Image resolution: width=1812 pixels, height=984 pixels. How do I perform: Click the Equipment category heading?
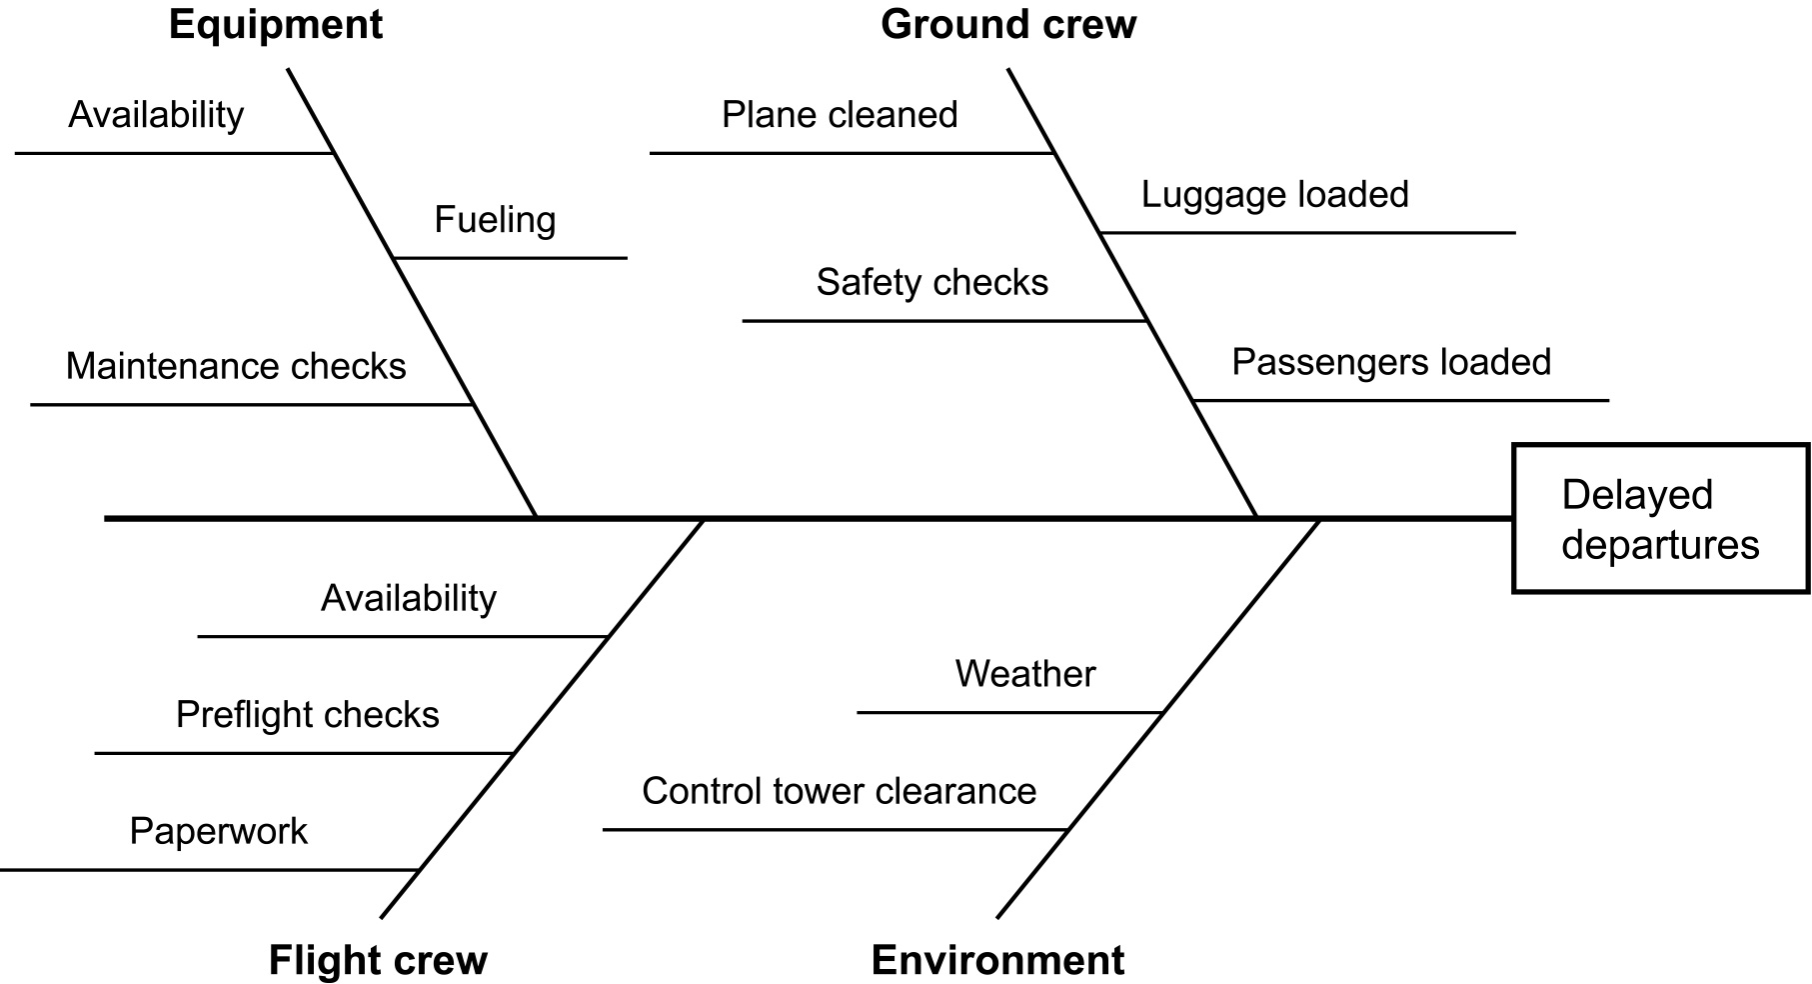click(x=275, y=25)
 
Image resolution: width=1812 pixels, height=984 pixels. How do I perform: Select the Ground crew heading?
click(x=1007, y=25)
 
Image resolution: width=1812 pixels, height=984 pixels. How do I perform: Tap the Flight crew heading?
click(x=378, y=960)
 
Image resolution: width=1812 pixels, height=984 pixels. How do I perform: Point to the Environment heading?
click(x=997, y=960)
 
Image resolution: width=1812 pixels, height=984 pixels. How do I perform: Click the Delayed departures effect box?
click(x=1660, y=519)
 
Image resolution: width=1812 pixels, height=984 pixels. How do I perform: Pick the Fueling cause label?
click(x=495, y=220)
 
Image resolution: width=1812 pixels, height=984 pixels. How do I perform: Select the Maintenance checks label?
click(x=236, y=366)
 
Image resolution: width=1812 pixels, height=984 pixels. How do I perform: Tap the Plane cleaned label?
click(x=840, y=115)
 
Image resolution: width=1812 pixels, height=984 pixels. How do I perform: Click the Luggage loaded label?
click(x=1274, y=194)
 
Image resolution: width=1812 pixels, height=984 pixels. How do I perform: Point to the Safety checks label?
click(x=931, y=282)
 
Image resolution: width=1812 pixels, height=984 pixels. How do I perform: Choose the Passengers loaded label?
click(x=1390, y=362)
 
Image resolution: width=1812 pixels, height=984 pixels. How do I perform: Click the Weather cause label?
click(x=1024, y=674)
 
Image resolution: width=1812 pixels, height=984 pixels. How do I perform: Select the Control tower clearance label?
click(x=839, y=791)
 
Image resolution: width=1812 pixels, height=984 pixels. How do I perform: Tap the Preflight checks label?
click(x=307, y=715)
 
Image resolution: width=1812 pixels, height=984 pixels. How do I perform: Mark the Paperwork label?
click(x=218, y=832)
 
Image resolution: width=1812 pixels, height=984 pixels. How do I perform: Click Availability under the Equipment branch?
click(x=156, y=115)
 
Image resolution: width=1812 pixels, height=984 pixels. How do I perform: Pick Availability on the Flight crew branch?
click(x=408, y=598)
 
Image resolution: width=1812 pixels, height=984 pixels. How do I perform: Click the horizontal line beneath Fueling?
click(x=510, y=258)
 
